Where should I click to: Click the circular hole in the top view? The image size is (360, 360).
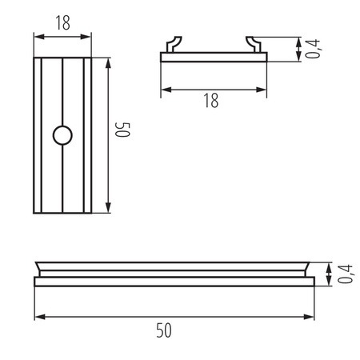(x=62, y=136)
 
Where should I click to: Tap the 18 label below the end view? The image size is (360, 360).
(x=210, y=100)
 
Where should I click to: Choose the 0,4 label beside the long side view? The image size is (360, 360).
(x=345, y=274)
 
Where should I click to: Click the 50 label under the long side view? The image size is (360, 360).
(x=164, y=330)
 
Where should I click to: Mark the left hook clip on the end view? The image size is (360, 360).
(x=172, y=44)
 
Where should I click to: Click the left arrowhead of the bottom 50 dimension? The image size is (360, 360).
(x=38, y=316)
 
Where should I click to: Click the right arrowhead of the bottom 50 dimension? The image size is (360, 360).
(x=312, y=316)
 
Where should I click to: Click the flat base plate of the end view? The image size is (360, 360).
(x=213, y=57)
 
